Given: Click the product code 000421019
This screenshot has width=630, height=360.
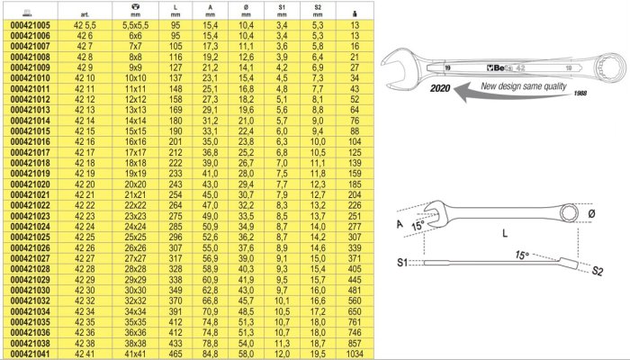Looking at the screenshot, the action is tap(30, 174).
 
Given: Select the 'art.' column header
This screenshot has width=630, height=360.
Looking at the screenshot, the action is tap(85, 14).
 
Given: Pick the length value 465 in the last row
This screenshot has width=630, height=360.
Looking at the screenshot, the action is tap(175, 354).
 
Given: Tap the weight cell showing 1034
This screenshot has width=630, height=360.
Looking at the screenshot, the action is tap(355, 354).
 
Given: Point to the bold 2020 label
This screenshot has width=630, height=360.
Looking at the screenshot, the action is tap(440, 87).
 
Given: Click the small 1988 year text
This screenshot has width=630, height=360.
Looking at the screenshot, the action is tap(580, 94).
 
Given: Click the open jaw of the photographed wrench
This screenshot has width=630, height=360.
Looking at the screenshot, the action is tap(398, 67).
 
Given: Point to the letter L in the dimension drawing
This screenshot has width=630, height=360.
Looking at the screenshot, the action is tap(505, 232).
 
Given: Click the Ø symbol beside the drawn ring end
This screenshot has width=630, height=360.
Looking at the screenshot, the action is tap(591, 214).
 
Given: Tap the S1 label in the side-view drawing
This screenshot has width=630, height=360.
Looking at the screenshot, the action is tap(402, 263).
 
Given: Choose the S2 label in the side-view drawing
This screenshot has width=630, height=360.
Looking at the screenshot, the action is tap(597, 271).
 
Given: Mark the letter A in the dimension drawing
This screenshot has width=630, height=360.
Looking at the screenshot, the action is tap(400, 223).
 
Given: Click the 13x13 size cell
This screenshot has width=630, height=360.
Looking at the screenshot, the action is tap(135, 110).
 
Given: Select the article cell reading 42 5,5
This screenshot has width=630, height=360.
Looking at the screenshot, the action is tap(85, 25).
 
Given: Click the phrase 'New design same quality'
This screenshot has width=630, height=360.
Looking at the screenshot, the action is tap(524, 86).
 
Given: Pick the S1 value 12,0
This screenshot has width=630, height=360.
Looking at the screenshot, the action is tap(282, 354).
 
